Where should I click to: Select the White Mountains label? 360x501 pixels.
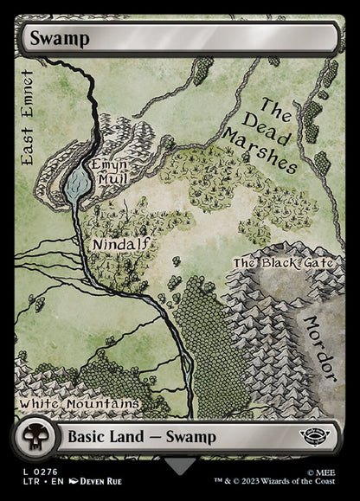click(79, 404)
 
